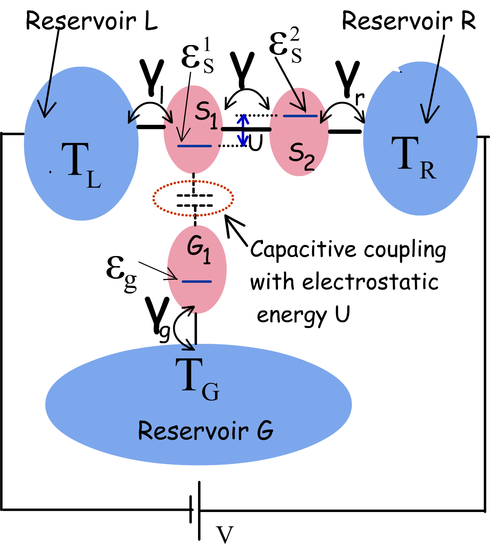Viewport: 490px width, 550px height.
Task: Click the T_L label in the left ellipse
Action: [x=81, y=165]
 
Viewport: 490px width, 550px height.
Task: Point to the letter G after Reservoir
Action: [x=265, y=431]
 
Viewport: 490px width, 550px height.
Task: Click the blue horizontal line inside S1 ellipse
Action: [x=194, y=146]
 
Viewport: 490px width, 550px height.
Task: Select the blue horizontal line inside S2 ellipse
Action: [x=300, y=116]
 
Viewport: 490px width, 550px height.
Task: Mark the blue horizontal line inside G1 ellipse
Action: [x=197, y=281]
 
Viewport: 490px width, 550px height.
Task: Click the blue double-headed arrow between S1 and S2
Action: [x=243, y=130]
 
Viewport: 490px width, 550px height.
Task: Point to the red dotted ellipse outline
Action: [x=193, y=181]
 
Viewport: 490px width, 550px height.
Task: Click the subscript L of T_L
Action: [x=94, y=180]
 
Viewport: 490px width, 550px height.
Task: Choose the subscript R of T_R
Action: [x=428, y=171]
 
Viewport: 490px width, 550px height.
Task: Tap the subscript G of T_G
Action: [x=210, y=392]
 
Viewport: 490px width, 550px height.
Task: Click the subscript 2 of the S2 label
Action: [x=309, y=163]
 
